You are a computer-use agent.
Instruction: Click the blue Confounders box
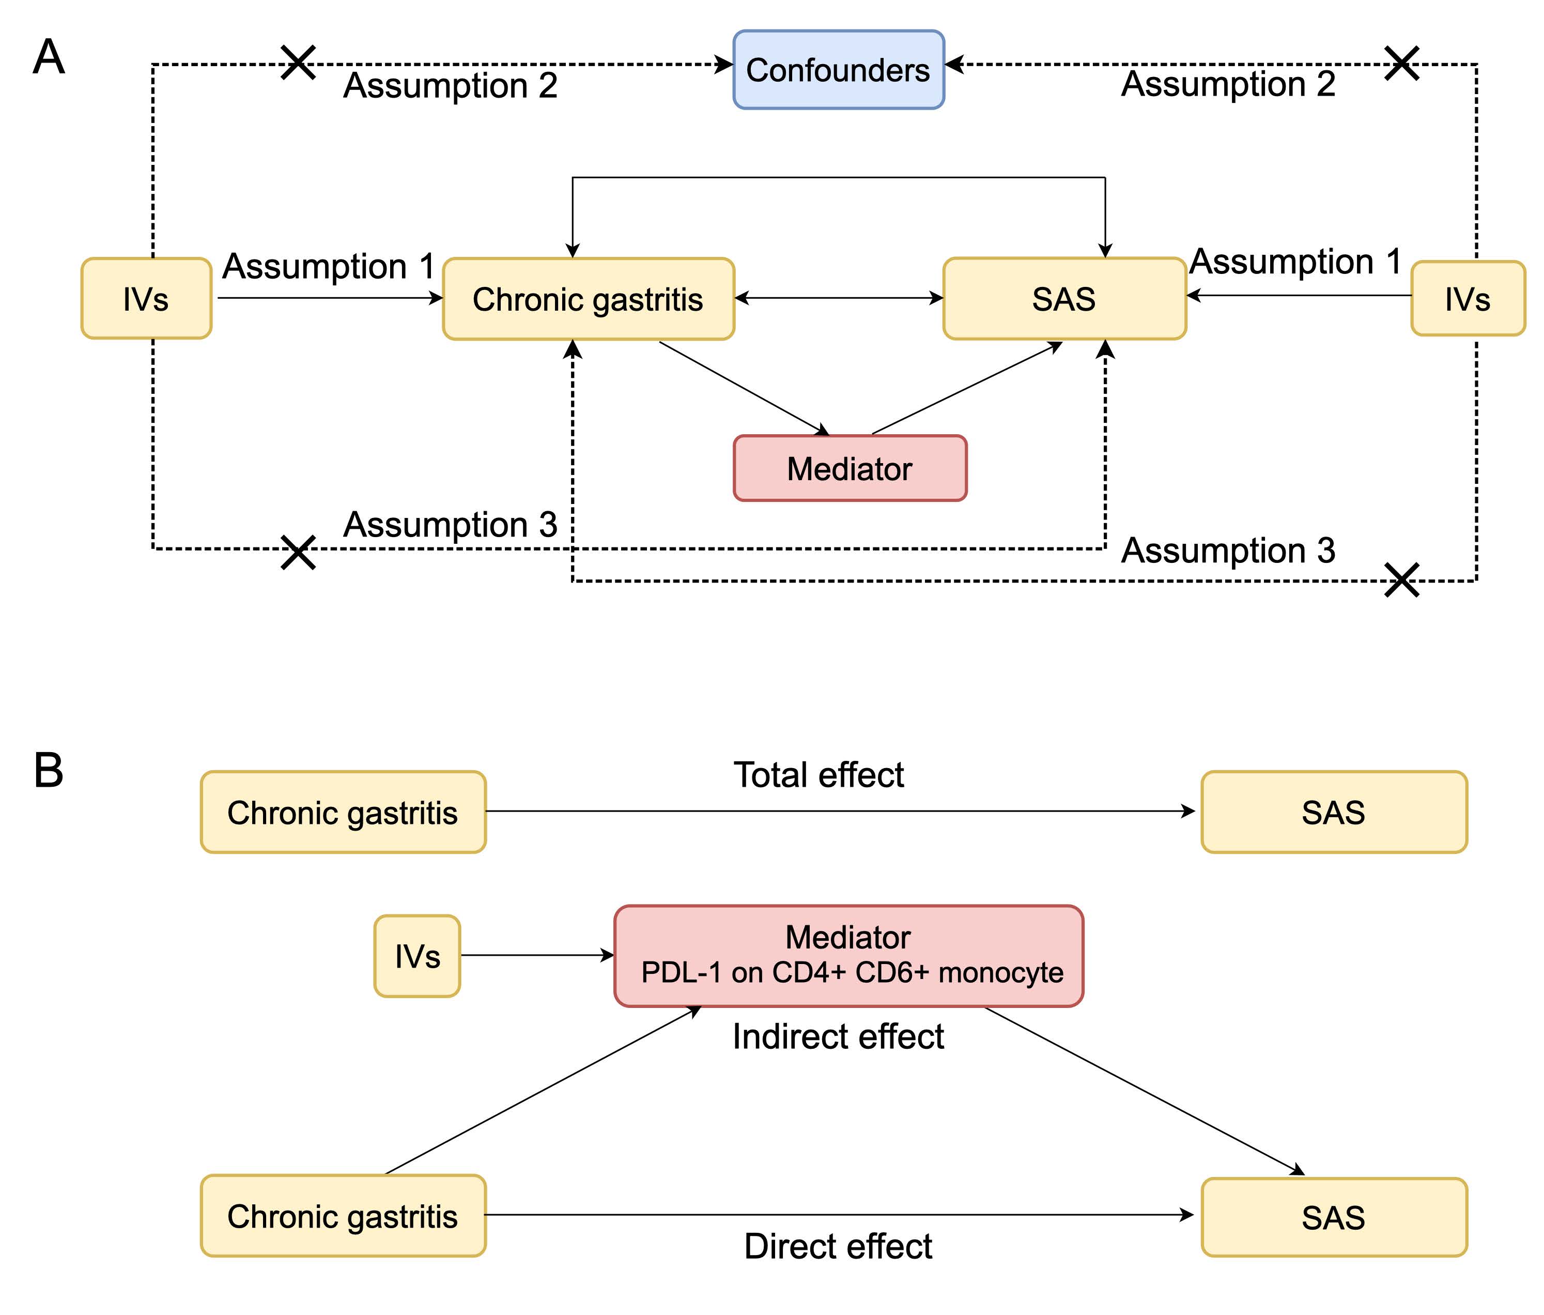[838, 70]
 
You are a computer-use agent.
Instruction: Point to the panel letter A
[49, 57]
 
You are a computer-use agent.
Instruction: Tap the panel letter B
[49, 770]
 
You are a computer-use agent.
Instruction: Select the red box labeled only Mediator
[850, 468]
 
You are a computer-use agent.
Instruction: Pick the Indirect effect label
[838, 1037]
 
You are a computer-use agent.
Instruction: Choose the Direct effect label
[838, 1246]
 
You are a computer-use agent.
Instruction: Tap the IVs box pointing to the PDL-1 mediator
[418, 956]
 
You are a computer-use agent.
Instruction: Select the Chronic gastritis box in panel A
[588, 299]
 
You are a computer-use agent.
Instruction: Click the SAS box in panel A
[1064, 299]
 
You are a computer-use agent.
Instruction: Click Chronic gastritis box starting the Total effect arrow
[343, 812]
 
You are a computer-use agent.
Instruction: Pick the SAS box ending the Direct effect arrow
[1333, 1217]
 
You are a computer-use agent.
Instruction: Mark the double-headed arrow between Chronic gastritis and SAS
[838, 298]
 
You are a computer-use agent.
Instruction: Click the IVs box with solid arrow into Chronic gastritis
[146, 299]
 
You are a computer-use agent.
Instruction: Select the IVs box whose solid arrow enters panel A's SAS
[1467, 299]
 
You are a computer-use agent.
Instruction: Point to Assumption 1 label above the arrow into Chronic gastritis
[329, 266]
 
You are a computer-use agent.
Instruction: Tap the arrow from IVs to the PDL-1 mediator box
[536, 955]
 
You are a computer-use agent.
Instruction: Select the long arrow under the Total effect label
[838, 811]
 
